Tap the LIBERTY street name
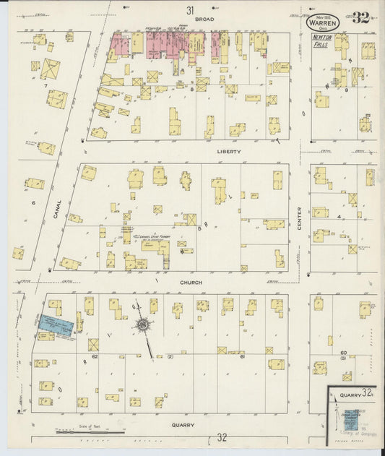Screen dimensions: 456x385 [x=228, y=152]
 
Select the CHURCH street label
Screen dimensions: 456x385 [x=191, y=283]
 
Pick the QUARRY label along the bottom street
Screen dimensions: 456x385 [x=183, y=426]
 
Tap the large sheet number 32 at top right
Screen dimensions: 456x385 [x=361, y=17]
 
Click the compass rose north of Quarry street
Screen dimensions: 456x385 [x=144, y=326]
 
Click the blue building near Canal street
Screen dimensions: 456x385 [x=56, y=325]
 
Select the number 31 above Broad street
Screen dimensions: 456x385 [x=190, y=10]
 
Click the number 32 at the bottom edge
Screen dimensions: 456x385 [x=222, y=438]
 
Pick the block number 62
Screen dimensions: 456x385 [x=95, y=356]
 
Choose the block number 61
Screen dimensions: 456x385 [x=243, y=356]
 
